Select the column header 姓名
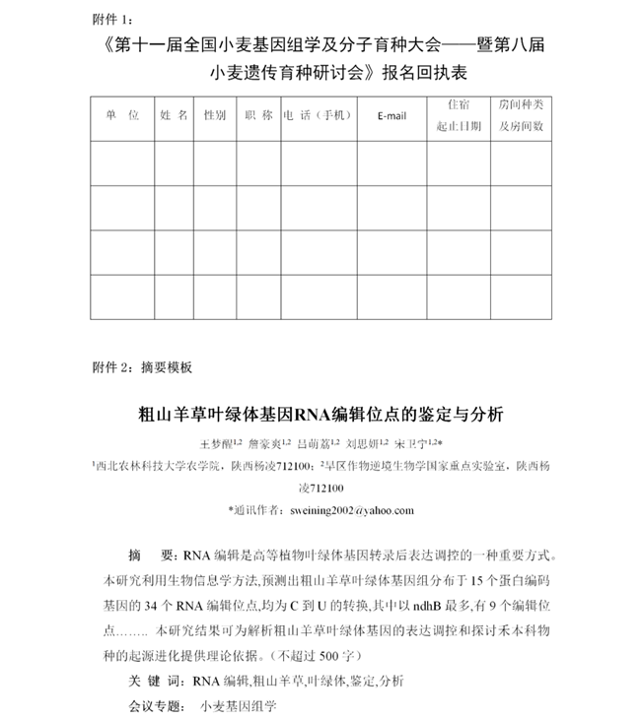click(x=175, y=115)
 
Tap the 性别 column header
click(x=215, y=115)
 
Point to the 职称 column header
click(x=258, y=115)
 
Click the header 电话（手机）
click(x=318, y=115)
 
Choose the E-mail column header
click(x=392, y=116)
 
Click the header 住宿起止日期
click(x=459, y=115)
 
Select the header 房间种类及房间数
click(x=520, y=115)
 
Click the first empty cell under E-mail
click(x=392, y=163)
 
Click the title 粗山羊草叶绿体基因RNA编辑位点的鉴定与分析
click(x=320, y=413)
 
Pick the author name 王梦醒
click(x=218, y=443)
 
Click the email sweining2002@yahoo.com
click(x=353, y=510)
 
